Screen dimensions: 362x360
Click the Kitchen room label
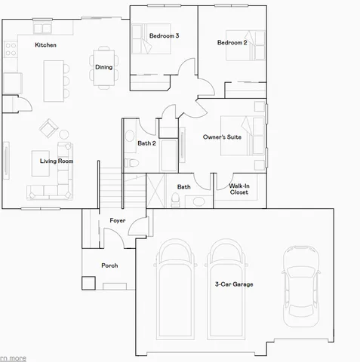pyautogui.click(x=45, y=45)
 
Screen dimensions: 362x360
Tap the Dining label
pyautogui.click(x=103, y=67)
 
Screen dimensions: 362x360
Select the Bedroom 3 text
pyautogui.click(x=164, y=35)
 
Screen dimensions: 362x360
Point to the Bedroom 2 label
pyautogui.click(x=232, y=43)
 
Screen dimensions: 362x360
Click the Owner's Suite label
pyautogui.click(x=221, y=138)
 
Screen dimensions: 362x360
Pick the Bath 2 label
pyautogui.click(x=146, y=143)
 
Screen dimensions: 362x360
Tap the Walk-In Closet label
pyautogui.click(x=238, y=188)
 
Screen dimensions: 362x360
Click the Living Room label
pyautogui.click(x=57, y=161)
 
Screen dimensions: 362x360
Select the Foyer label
pyautogui.click(x=118, y=220)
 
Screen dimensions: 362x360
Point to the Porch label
pyautogui.click(x=109, y=265)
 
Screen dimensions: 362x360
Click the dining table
pyautogui.click(x=103, y=67)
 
